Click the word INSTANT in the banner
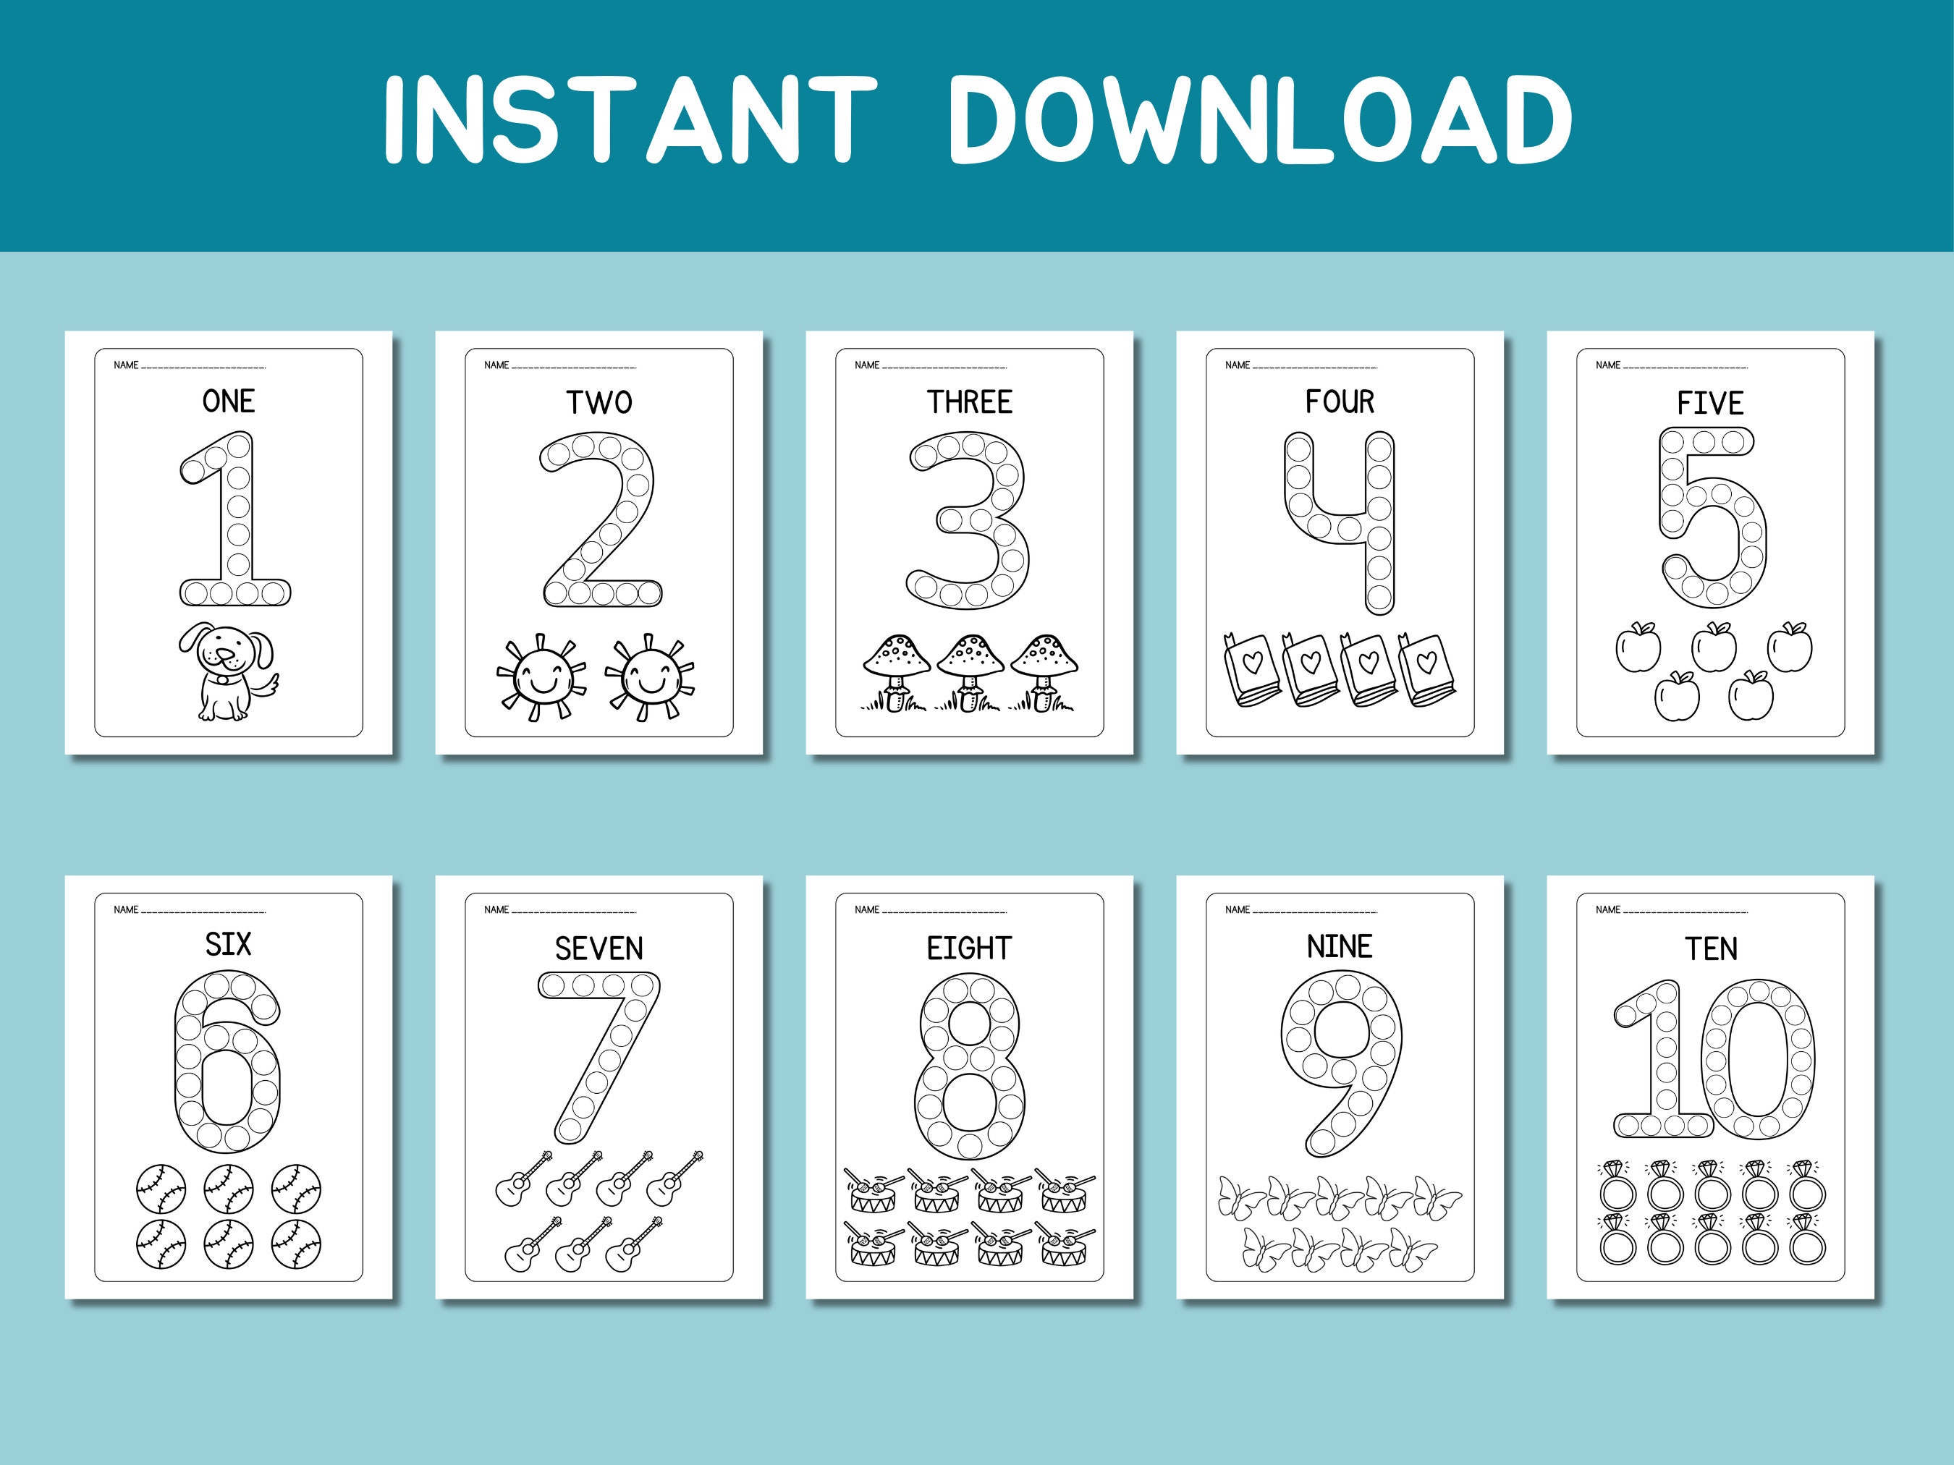click(x=629, y=119)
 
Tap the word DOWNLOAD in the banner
click(x=1260, y=119)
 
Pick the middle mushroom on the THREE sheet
click(x=970, y=671)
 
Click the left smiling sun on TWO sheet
click(x=541, y=677)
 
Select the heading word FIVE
click(x=1710, y=404)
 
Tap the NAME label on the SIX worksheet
click(x=125, y=909)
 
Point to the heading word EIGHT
click(x=969, y=948)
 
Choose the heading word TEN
click(x=1710, y=949)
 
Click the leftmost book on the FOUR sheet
click(x=1250, y=670)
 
